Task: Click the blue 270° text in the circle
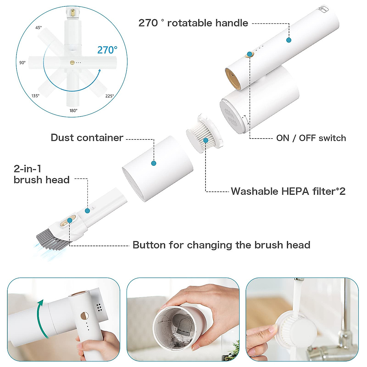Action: click(x=107, y=50)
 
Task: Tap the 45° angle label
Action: click(x=39, y=28)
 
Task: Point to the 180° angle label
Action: click(x=73, y=110)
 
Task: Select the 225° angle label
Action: click(x=109, y=96)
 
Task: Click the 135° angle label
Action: click(x=35, y=96)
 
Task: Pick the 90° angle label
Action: click(x=22, y=63)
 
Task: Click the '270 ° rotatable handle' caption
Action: click(x=193, y=23)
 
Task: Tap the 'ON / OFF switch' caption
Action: click(x=311, y=138)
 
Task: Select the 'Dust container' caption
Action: click(x=87, y=138)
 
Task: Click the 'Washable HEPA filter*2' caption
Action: click(x=288, y=191)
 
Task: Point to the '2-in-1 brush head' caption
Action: click(x=41, y=174)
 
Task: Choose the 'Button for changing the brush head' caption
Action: click(x=221, y=245)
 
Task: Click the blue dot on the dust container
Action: click(x=154, y=163)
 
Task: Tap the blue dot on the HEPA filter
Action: click(x=206, y=140)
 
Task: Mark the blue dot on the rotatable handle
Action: click(x=288, y=40)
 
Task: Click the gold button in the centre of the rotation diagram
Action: click(x=72, y=63)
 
